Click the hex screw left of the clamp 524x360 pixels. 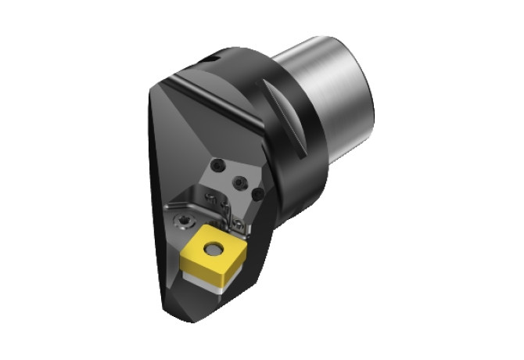(x=182, y=221)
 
